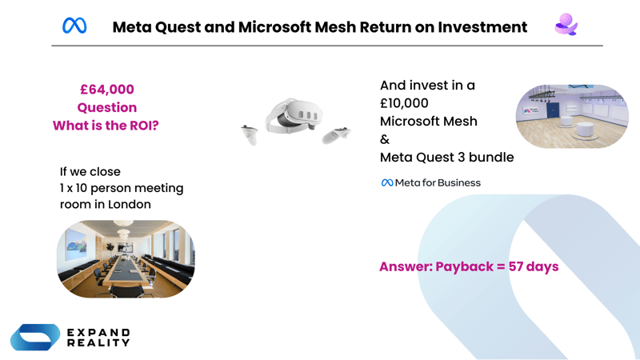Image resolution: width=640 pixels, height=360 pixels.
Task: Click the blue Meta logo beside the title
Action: click(x=74, y=26)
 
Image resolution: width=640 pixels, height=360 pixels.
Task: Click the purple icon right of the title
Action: click(x=566, y=25)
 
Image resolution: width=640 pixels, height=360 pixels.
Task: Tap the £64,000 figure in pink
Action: click(x=106, y=90)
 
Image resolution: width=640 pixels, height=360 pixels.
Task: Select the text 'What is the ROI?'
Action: click(x=106, y=126)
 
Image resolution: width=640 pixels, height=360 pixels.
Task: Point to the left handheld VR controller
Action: click(x=250, y=134)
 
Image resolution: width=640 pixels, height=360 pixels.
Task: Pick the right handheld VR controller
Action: click(x=337, y=134)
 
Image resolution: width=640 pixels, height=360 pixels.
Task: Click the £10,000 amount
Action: click(x=404, y=103)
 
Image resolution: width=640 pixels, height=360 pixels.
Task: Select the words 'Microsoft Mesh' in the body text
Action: click(x=428, y=122)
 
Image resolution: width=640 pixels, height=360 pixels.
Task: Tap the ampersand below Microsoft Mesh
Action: click(x=385, y=139)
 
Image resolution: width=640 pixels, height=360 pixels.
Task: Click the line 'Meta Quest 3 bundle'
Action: click(x=446, y=157)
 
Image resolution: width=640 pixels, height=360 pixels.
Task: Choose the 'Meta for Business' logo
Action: click(x=430, y=182)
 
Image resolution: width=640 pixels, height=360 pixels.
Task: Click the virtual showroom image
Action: click(x=571, y=116)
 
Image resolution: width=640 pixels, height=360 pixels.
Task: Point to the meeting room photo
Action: click(x=126, y=258)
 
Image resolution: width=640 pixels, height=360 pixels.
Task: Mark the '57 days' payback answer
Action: click(x=533, y=266)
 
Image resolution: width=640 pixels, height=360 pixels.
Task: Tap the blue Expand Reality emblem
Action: click(x=34, y=337)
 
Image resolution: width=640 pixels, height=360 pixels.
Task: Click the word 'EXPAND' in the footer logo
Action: click(x=98, y=332)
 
